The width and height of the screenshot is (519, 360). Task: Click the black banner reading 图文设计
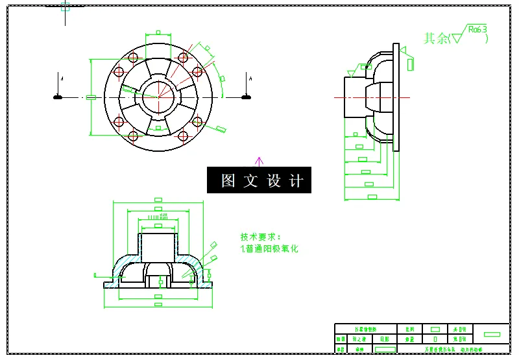(259, 180)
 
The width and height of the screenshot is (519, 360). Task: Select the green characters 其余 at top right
(436, 38)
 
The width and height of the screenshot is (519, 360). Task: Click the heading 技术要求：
(261, 237)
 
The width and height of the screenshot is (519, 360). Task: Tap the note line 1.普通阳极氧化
(269, 248)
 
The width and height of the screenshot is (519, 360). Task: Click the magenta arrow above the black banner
(259, 160)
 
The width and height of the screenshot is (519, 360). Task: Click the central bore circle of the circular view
(159, 97)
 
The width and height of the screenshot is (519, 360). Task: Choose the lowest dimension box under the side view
(372, 196)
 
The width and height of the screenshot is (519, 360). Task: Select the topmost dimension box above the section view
(158, 200)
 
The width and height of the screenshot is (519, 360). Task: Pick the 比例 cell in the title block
(409, 330)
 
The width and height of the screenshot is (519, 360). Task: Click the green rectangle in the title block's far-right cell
(492, 334)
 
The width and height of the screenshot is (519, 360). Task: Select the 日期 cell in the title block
(385, 339)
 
